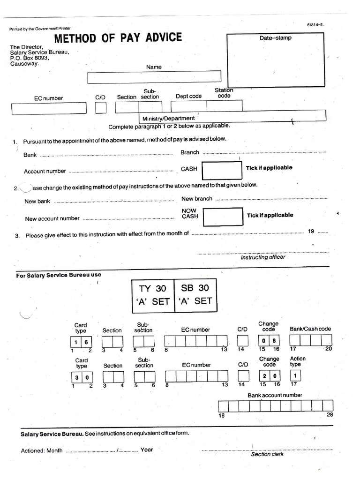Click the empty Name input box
tap(154, 77)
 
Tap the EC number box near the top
tap(49, 108)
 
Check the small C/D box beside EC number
tap(101, 108)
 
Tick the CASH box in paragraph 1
tap(222, 170)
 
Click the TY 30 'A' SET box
tap(153, 295)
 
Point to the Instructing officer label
tap(262, 257)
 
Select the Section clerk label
tap(267, 454)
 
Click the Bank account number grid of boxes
tap(276, 406)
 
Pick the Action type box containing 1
tap(295, 376)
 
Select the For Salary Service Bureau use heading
tap(59, 275)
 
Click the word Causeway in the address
tap(24, 64)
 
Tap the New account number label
tap(52, 218)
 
